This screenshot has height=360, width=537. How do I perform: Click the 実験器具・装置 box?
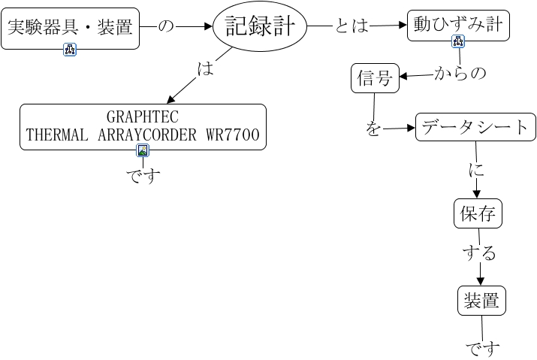(70, 29)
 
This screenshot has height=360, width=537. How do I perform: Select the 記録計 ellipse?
(260, 28)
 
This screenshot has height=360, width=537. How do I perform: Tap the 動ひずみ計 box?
(458, 26)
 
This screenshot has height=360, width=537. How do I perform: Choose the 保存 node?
(478, 214)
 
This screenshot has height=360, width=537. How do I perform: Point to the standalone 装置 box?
(481, 301)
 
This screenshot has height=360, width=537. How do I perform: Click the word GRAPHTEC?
(142, 117)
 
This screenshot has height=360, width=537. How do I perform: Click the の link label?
(165, 27)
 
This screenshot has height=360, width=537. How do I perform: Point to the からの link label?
(460, 73)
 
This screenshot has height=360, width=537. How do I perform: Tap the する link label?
(478, 253)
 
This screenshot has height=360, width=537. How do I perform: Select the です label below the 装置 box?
(482, 348)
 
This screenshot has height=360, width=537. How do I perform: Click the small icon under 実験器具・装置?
(70, 50)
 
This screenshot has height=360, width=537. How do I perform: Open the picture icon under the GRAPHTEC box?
(143, 150)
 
